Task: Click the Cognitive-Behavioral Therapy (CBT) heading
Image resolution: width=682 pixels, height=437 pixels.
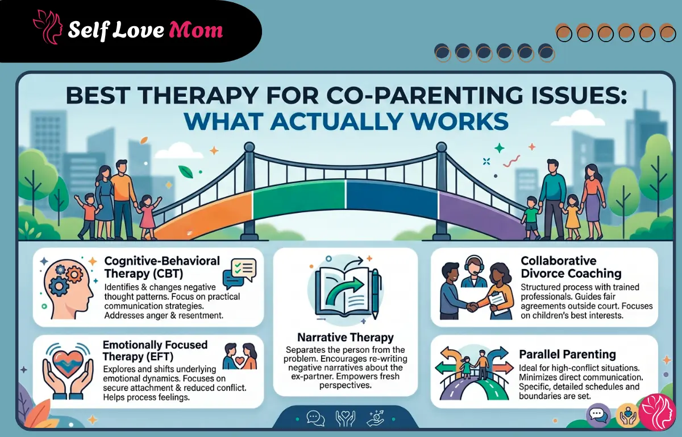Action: tap(163, 266)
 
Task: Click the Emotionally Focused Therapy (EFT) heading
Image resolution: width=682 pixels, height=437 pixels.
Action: tap(155, 351)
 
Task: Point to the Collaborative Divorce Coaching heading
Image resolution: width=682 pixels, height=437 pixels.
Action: tap(571, 267)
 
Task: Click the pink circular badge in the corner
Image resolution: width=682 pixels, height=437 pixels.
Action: tap(657, 411)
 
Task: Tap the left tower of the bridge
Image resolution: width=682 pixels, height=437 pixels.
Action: tap(249, 188)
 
